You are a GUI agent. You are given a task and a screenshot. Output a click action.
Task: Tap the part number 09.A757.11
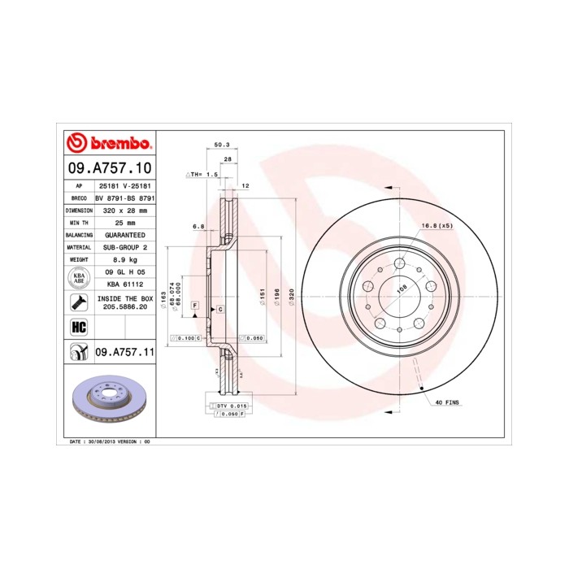tap(124, 351)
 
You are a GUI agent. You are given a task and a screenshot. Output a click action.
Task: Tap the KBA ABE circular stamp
tap(79, 278)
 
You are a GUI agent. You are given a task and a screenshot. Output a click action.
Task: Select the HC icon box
tap(79, 328)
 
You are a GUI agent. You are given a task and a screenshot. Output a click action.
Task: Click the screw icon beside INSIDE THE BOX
tap(79, 303)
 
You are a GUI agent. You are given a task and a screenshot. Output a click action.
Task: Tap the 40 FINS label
tap(446, 402)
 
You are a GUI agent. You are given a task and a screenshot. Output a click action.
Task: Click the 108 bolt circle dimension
tap(399, 286)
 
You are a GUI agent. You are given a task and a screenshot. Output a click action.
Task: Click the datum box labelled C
tap(219, 311)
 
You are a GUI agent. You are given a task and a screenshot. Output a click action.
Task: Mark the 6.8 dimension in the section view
tap(198, 227)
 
